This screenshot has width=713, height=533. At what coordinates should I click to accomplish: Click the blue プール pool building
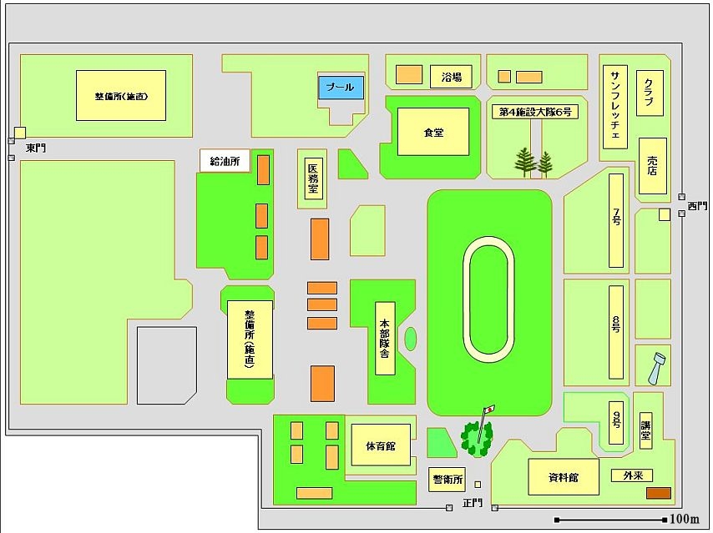click(x=341, y=88)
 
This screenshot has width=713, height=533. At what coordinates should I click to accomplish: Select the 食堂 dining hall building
click(x=433, y=132)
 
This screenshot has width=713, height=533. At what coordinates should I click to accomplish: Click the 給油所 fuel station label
click(x=225, y=162)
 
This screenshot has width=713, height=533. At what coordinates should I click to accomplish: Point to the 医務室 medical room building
click(x=312, y=179)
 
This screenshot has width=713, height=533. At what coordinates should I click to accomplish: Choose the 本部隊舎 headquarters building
click(x=385, y=337)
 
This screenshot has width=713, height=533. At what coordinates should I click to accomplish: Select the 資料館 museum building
click(x=564, y=478)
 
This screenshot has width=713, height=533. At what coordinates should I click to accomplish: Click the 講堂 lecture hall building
click(x=645, y=430)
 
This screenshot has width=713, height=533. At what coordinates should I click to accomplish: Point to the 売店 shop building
click(x=653, y=165)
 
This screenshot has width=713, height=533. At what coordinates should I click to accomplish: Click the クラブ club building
click(x=649, y=93)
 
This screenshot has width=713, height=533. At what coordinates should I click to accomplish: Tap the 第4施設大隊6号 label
click(x=534, y=113)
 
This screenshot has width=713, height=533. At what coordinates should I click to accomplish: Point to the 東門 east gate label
click(x=36, y=148)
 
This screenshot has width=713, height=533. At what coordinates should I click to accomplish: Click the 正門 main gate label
click(x=473, y=503)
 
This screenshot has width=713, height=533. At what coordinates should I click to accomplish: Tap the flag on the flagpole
click(x=490, y=409)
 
